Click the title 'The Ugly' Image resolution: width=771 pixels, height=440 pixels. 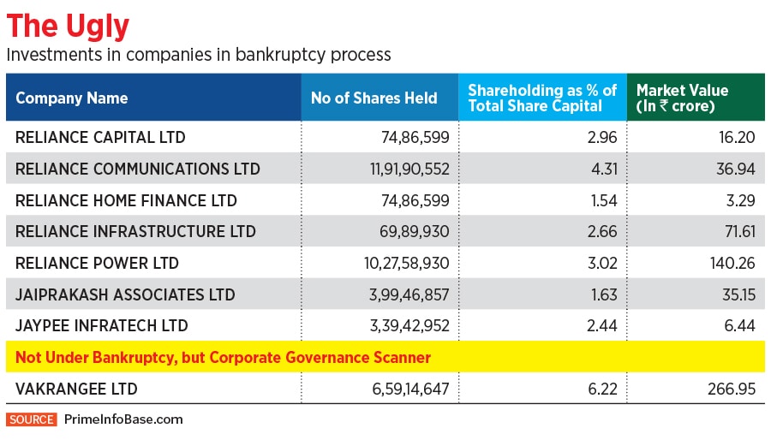68,27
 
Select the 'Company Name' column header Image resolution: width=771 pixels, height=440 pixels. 72,98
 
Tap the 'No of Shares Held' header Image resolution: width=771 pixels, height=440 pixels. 374,98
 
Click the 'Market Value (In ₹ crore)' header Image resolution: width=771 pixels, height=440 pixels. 682,98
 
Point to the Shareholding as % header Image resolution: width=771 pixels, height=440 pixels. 541,98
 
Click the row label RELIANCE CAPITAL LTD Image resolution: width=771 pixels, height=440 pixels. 100,137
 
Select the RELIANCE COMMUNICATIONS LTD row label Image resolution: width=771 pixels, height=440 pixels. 138,169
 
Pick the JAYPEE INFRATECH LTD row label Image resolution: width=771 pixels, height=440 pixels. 102,325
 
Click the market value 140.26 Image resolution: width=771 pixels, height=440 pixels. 732,263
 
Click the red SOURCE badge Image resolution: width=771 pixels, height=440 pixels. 32,419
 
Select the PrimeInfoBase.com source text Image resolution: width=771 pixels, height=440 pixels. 123,419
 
